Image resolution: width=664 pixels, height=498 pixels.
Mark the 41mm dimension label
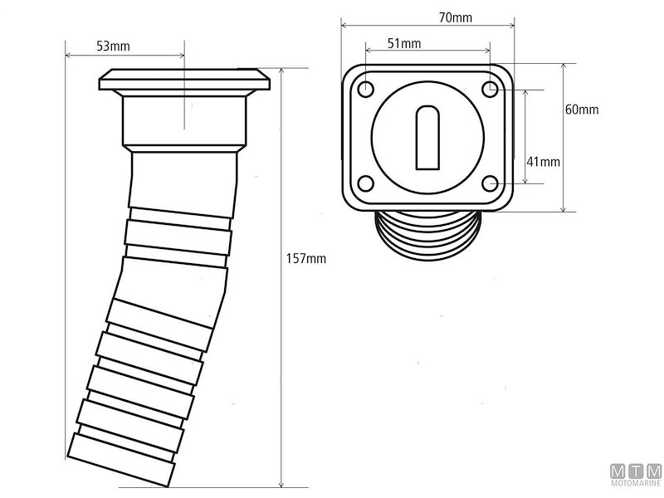pos(544,160)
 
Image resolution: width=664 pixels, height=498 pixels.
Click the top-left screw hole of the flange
pos(366,88)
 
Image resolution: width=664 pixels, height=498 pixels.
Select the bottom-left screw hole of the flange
pos(366,183)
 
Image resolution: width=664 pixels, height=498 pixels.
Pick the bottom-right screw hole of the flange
pos(491,183)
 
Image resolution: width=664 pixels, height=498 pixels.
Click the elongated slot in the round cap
pos(427,135)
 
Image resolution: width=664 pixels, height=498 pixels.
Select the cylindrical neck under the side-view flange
pos(184,120)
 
